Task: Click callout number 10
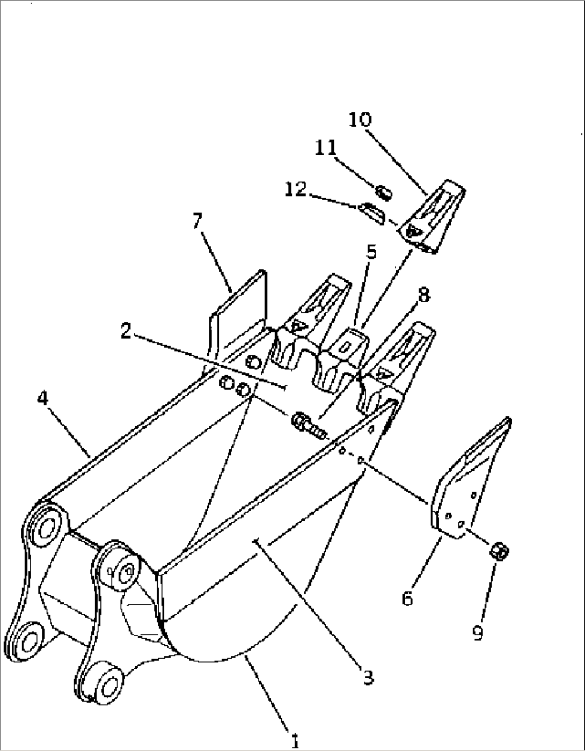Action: (x=360, y=120)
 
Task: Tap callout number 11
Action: (x=325, y=148)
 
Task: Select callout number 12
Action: (x=296, y=189)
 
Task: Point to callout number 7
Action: (x=198, y=222)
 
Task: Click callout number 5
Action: (x=371, y=252)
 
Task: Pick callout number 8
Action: (x=423, y=295)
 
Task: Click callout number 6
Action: (x=407, y=597)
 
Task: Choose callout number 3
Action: (x=367, y=677)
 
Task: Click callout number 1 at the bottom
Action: (x=295, y=742)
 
